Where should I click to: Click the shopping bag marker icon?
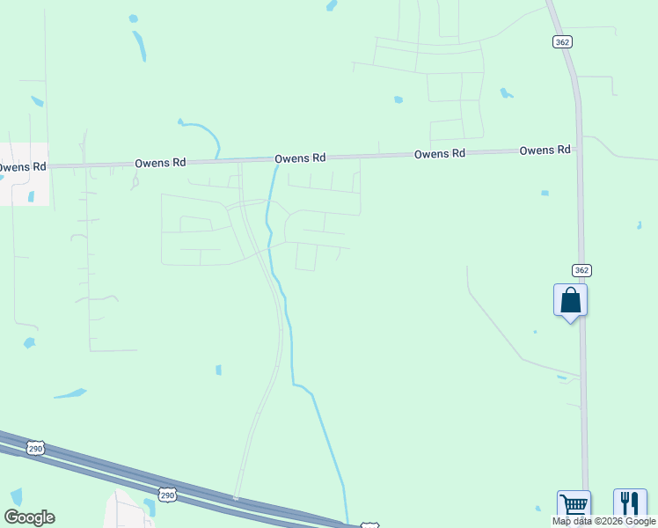tap(570, 301)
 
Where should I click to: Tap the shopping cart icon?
tap(574, 505)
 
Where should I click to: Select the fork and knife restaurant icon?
tap(630, 504)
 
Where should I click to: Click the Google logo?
tap(29, 517)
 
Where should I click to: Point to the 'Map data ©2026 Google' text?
tap(604, 521)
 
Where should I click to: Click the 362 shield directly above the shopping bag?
tap(581, 270)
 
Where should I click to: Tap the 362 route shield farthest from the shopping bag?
tap(561, 41)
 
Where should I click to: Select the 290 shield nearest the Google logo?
tap(35, 449)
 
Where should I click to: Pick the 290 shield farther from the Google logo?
tap(167, 495)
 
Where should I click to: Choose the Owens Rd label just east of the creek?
tap(300, 158)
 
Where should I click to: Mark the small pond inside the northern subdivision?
tap(398, 99)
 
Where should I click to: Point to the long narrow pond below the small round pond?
tap(139, 46)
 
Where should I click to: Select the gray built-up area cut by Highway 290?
tap(128, 510)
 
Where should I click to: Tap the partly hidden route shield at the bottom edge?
tap(369, 525)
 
